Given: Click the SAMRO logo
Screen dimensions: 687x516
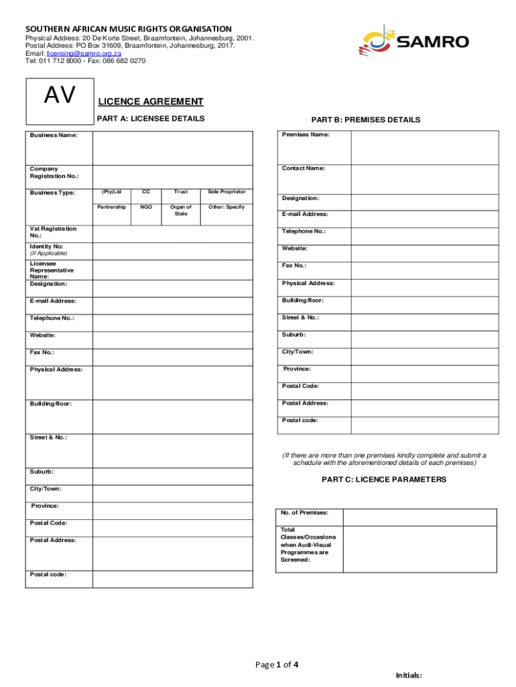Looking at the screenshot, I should pyautogui.click(x=413, y=42).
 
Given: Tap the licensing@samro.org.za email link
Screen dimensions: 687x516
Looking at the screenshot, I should pyautogui.click(x=84, y=53).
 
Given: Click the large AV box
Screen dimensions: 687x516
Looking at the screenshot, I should pyautogui.click(x=60, y=97).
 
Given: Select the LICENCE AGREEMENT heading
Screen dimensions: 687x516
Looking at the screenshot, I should pyautogui.click(x=151, y=102).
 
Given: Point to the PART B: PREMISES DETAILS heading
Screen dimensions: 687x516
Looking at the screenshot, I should pyautogui.click(x=366, y=120).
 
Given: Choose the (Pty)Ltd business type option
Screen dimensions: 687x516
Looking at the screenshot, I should pyautogui.click(x=111, y=193).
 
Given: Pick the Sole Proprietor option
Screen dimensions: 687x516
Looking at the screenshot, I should pyautogui.click(x=227, y=193).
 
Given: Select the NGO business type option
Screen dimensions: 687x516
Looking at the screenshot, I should pyautogui.click(x=146, y=207).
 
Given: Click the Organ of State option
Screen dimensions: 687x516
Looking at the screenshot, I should pyautogui.click(x=181, y=211).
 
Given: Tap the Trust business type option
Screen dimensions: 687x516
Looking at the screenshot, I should pyautogui.click(x=181, y=193).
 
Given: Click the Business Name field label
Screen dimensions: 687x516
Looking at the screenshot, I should pyautogui.click(x=53, y=136).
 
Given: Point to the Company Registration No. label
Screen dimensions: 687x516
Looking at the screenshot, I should pyautogui.click(x=54, y=172).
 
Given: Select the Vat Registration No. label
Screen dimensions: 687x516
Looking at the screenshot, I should pyautogui.click(x=53, y=232).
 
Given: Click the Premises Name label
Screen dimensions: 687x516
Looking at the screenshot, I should pyautogui.click(x=306, y=135).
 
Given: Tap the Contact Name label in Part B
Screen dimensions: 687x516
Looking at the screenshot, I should pyautogui.click(x=304, y=168).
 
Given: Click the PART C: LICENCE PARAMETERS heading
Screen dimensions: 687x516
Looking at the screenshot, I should pyautogui.click(x=384, y=480).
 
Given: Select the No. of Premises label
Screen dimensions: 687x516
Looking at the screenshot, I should pyautogui.click(x=305, y=513).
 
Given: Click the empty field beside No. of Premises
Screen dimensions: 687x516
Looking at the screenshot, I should pyautogui.click(x=420, y=517).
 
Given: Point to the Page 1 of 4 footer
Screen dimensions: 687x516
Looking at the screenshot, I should pyautogui.click(x=277, y=665).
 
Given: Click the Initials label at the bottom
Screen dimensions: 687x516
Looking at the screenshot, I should pyautogui.click(x=409, y=676).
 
